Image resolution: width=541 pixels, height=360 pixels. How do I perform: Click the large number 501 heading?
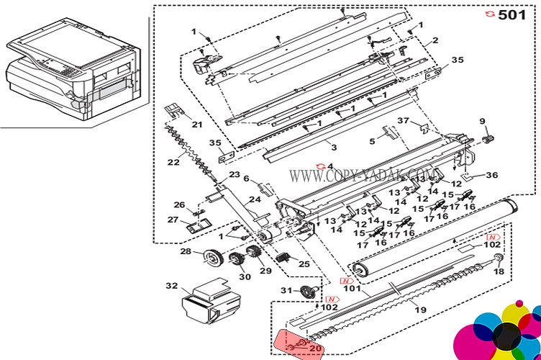(x=512, y=14)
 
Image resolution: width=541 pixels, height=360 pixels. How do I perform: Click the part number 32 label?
(x=171, y=286)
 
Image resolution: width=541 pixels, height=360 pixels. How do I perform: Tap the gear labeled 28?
(x=212, y=257)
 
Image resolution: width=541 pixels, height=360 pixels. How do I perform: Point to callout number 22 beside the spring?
(x=173, y=162)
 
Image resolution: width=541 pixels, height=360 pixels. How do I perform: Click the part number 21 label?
(x=197, y=124)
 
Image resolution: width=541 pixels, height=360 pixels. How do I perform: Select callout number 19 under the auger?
(x=421, y=310)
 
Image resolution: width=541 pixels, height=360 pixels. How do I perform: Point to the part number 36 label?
(x=491, y=174)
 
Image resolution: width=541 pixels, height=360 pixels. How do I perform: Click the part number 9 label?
(x=483, y=120)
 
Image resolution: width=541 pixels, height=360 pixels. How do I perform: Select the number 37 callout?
(x=403, y=120)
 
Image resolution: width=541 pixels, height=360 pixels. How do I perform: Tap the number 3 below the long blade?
(x=333, y=147)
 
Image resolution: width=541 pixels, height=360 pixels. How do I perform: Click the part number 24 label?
(x=254, y=199)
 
